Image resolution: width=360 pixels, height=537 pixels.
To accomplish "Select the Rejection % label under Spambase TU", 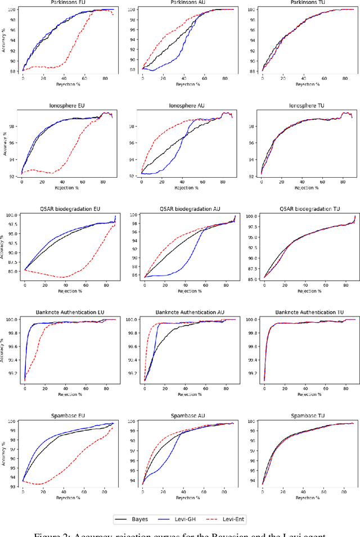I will coord(309,497).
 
